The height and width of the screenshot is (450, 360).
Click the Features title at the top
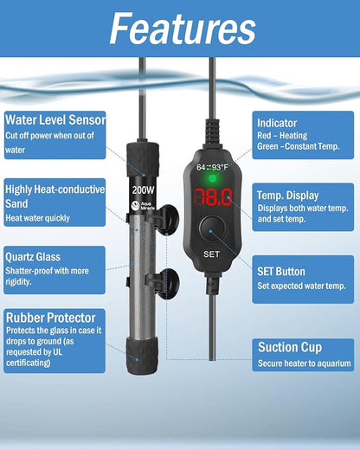coord(183,29)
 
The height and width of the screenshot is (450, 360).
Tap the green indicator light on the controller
coord(212,179)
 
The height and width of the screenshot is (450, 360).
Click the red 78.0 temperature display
coord(213,197)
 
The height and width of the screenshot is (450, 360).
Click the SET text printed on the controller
coord(211,254)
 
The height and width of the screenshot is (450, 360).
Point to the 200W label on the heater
coord(143,190)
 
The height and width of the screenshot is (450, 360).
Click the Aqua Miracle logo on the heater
coord(143,205)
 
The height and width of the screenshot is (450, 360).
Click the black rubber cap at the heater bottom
coord(142,355)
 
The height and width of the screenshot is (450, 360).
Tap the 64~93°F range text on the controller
coord(212,167)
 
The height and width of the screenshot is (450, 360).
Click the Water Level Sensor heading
coord(55,119)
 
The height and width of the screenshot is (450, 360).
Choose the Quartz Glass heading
coord(33,257)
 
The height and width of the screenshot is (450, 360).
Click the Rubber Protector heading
coord(51,318)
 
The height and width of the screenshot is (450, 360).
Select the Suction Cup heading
coord(290,347)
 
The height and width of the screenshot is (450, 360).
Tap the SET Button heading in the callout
coord(281,272)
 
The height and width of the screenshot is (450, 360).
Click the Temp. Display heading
coord(288,196)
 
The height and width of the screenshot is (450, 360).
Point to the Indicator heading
coord(277,123)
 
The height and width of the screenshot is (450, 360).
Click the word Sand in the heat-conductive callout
coord(16,203)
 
